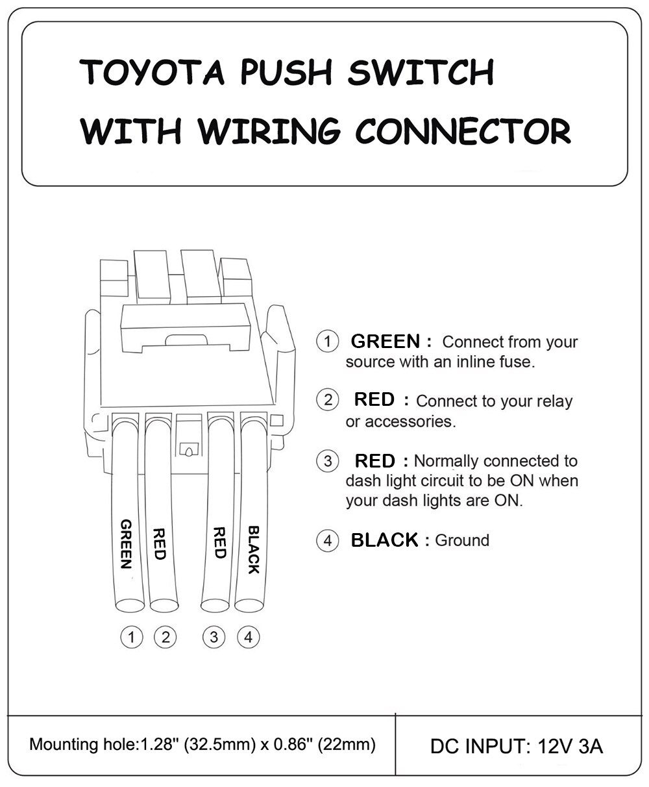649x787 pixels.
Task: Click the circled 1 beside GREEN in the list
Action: (328, 341)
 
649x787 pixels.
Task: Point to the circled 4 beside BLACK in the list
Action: (328, 540)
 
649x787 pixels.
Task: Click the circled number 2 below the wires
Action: (165, 637)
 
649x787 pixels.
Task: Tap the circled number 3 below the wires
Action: (215, 637)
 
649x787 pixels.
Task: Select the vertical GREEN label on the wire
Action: (127, 543)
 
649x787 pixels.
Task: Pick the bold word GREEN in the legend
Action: (386, 341)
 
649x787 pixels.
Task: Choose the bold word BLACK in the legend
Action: (384, 540)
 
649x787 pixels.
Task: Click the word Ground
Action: (462, 540)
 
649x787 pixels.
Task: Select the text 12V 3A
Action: (570, 746)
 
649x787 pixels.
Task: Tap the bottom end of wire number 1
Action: (130, 605)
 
